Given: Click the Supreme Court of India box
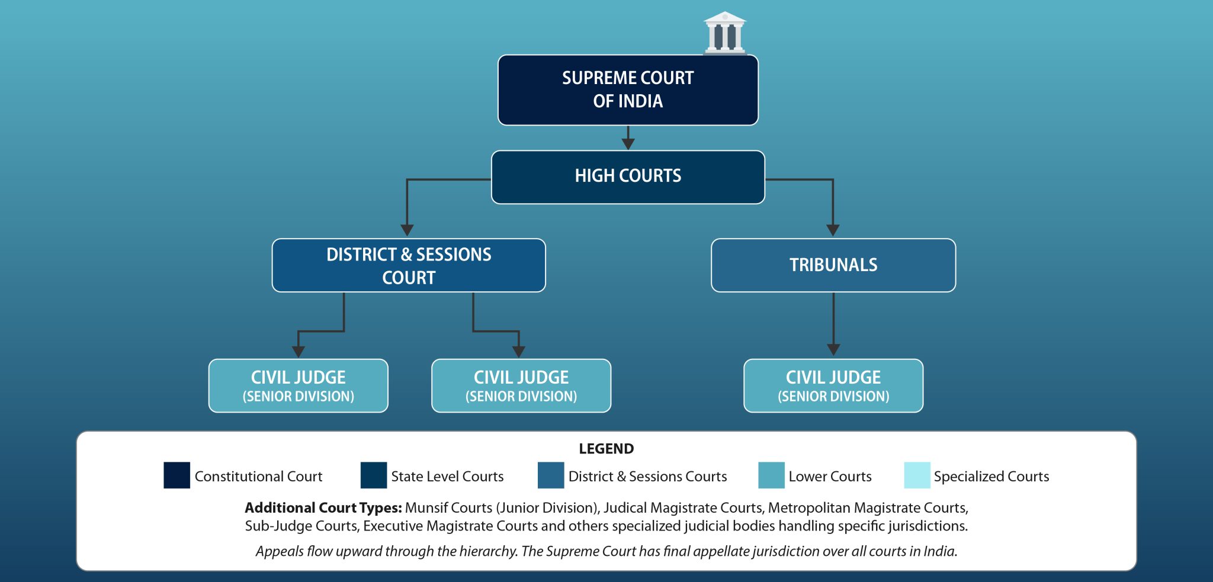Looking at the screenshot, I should pyautogui.click(x=628, y=90).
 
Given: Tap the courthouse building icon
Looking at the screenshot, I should pyautogui.click(x=725, y=33).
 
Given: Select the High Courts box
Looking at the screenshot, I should pyautogui.click(x=628, y=176).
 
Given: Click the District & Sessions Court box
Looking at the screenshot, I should pyautogui.click(x=409, y=265).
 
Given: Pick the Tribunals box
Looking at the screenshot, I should pyautogui.click(x=833, y=265).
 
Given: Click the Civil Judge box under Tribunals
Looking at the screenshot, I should pyautogui.click(x=833, y=385).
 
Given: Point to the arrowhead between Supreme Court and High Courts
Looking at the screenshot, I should pyautogui.click(x=628, y=144).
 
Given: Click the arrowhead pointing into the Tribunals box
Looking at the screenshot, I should pyautogui.click(x=833, y=230).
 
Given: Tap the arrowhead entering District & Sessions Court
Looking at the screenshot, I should pyautogui.click(x=407, y=230).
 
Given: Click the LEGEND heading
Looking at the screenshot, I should pyautogui.click(x=606, y=449).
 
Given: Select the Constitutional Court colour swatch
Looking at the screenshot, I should pyautogui.click(x=177, y=475).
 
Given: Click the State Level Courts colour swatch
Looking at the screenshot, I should pyautogui.click(x=373, y=475).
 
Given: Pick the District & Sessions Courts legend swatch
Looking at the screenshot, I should pyautogui.click(x=551, y=475).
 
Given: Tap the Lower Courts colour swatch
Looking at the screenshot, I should pyautogui.click(x=771, y=475).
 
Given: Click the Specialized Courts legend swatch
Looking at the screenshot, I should pyautogui.click(x=917, y=475).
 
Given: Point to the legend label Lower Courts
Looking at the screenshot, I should pyautogui.click(x=830, y=477).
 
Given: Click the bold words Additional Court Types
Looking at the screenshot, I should pyautogui.click(x=323, y=508).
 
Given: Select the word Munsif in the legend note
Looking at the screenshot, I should pyautogui.click(x=426, y=508).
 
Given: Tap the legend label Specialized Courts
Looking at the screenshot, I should pyautogui.click(x=991, y=477).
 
